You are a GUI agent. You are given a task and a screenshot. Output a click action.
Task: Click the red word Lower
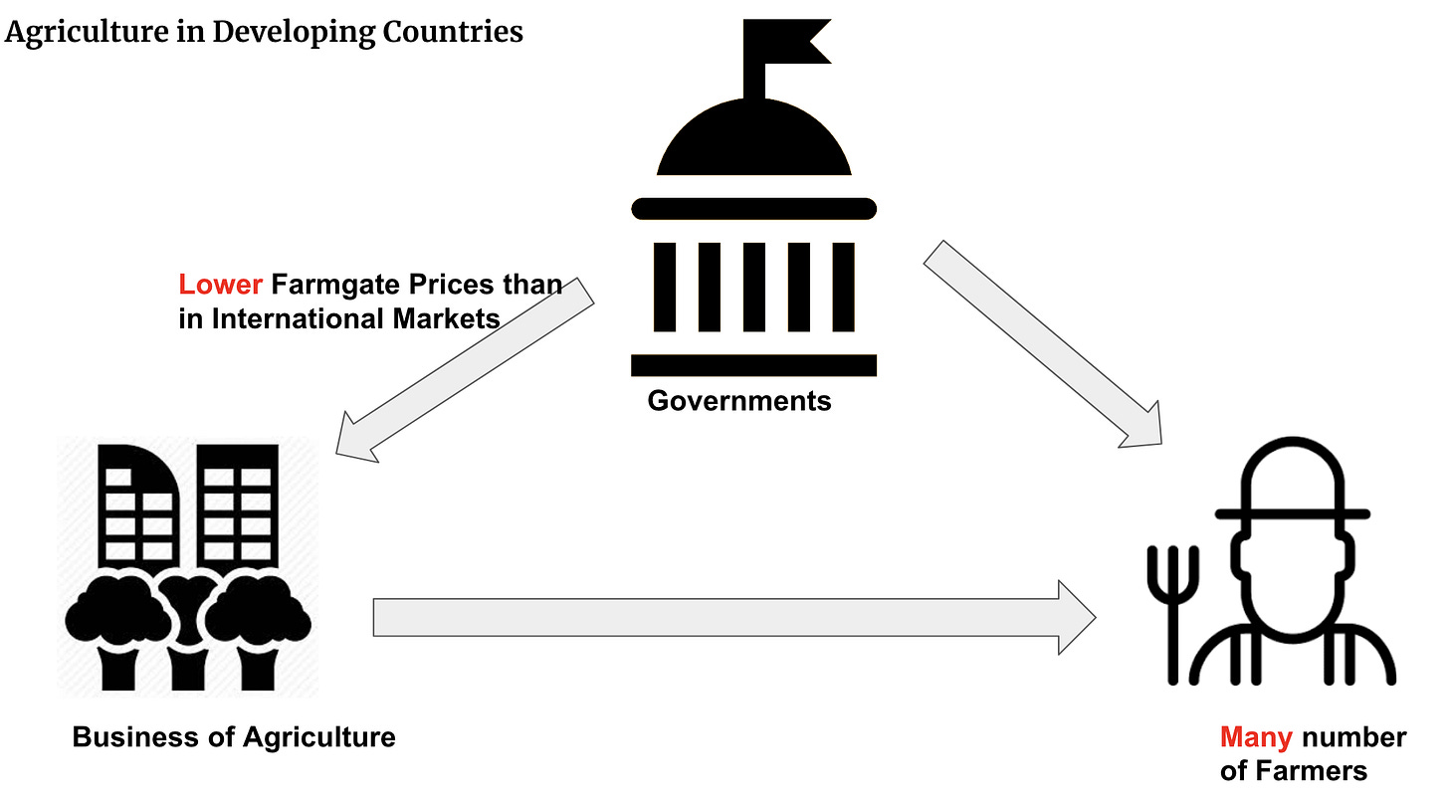click(220, 286)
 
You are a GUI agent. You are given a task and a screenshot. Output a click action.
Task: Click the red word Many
click(1256, 737)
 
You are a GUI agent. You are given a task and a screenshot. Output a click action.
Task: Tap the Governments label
click(738, 400)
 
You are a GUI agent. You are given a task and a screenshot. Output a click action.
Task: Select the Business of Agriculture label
click(234, 736)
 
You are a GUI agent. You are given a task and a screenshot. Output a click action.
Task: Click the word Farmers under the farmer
click(1310, 770)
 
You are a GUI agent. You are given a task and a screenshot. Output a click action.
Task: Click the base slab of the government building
click(753, 365)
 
